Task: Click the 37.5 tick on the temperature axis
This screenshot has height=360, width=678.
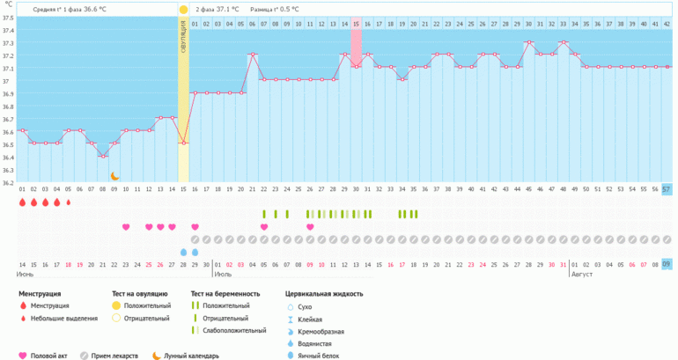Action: (x=8, y=18)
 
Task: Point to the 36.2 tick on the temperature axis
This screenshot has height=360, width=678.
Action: (x=8, y=183)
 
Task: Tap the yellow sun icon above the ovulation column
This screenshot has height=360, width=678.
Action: (x=183, y=10)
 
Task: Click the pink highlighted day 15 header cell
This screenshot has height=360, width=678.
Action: (x=356, y=23)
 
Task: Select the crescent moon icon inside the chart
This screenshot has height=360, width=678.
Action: (x=114, y=176)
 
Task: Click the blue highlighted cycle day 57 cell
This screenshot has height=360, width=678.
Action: (x=667, y=189)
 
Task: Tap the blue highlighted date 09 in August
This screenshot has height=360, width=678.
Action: (x=667, y=264)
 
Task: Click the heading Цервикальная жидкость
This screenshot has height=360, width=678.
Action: (x=324, y=293)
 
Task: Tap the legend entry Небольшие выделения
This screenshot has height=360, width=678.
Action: (x=63, y=318)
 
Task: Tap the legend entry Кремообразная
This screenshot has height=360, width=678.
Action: (x=321, y=331)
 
